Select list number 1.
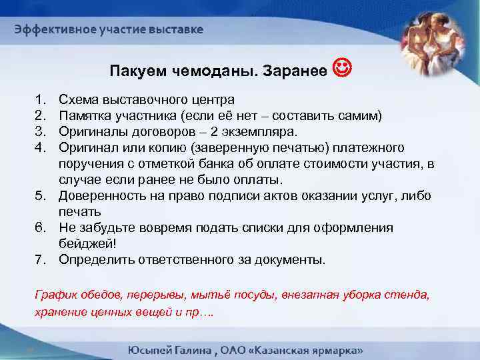[x=38, y=100]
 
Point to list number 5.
[x=39, y=196]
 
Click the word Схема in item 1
[x=79, y=100]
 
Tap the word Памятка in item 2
[x=86, y=115]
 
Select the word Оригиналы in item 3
[x=93, y=131]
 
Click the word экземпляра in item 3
[x=267, y=131]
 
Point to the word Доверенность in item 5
[x=104, y=196]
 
